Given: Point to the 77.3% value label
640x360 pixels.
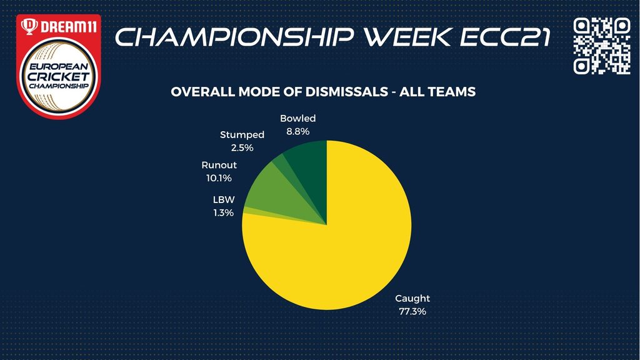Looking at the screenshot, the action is [412, 311].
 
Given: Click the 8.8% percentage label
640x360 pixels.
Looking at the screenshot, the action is [297, 131].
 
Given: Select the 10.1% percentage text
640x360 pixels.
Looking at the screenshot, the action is [219, 178].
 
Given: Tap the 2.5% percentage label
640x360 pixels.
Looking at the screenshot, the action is [242, 147].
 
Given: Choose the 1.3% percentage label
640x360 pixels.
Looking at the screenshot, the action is [223, 212].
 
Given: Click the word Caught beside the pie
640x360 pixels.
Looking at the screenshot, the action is [412, 298].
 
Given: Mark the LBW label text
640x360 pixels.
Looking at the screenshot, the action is [224, 199].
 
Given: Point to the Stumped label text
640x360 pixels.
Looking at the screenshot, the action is [242, 135].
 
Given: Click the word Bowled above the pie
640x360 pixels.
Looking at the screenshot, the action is [297, 118].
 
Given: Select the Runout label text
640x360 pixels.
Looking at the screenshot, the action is [219, 165].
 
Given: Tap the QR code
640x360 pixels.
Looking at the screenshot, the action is [602, 46].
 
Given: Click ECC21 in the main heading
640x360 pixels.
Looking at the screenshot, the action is [504, 37].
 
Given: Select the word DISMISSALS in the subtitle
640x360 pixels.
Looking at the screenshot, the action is [346, 91].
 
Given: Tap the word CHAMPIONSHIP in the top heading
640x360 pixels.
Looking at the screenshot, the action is [234, 37].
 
